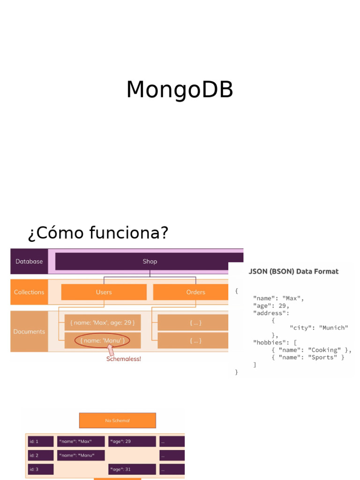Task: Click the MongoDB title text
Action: (x=180, y=90)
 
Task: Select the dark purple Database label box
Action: (x=29, y=262)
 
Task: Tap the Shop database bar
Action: (x=150, y=262)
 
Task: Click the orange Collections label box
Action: (x=29, y=292)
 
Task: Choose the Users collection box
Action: (x=104, y=292)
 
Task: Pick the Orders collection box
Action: (x=195, y=292)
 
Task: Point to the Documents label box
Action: (x=29, y=331)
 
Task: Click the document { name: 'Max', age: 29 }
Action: (x=102, y=322)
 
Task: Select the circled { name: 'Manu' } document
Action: (x=102, y=341)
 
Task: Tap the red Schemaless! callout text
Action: (x=124, y=359)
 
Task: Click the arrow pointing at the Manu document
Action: (x=111, y=350)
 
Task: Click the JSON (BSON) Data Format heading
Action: (x=293, y=271)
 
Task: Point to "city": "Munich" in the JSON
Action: (x=319, y=328)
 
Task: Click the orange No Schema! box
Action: (x=117, y=420)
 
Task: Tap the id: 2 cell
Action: (x=40, y=455)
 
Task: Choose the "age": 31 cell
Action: (x=132, y=469)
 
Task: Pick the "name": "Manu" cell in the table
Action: (x=81, y=455)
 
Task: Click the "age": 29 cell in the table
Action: (x=132, y=442)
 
